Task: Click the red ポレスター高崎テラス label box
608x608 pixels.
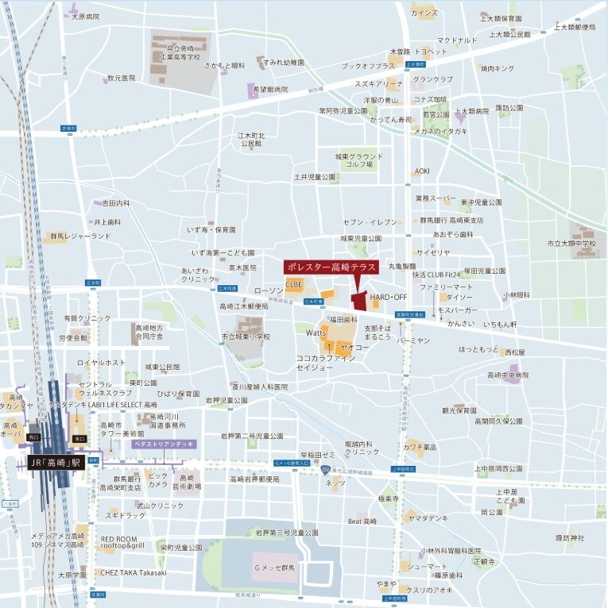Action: (331, 267)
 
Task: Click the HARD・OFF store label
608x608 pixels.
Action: (388, 296)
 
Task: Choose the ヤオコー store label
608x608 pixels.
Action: (354, 348)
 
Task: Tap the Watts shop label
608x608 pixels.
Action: (316, 333)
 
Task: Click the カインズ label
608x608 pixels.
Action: (424, 14)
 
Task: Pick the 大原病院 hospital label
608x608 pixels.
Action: (85, 16)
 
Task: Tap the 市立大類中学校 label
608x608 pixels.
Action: (571, 244)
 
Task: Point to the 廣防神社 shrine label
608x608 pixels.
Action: (569, 538)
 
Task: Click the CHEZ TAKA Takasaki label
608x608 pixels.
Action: (134, 572)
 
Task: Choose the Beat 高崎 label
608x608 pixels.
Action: (362, 521)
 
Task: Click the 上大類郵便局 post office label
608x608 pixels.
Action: (576, 27)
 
